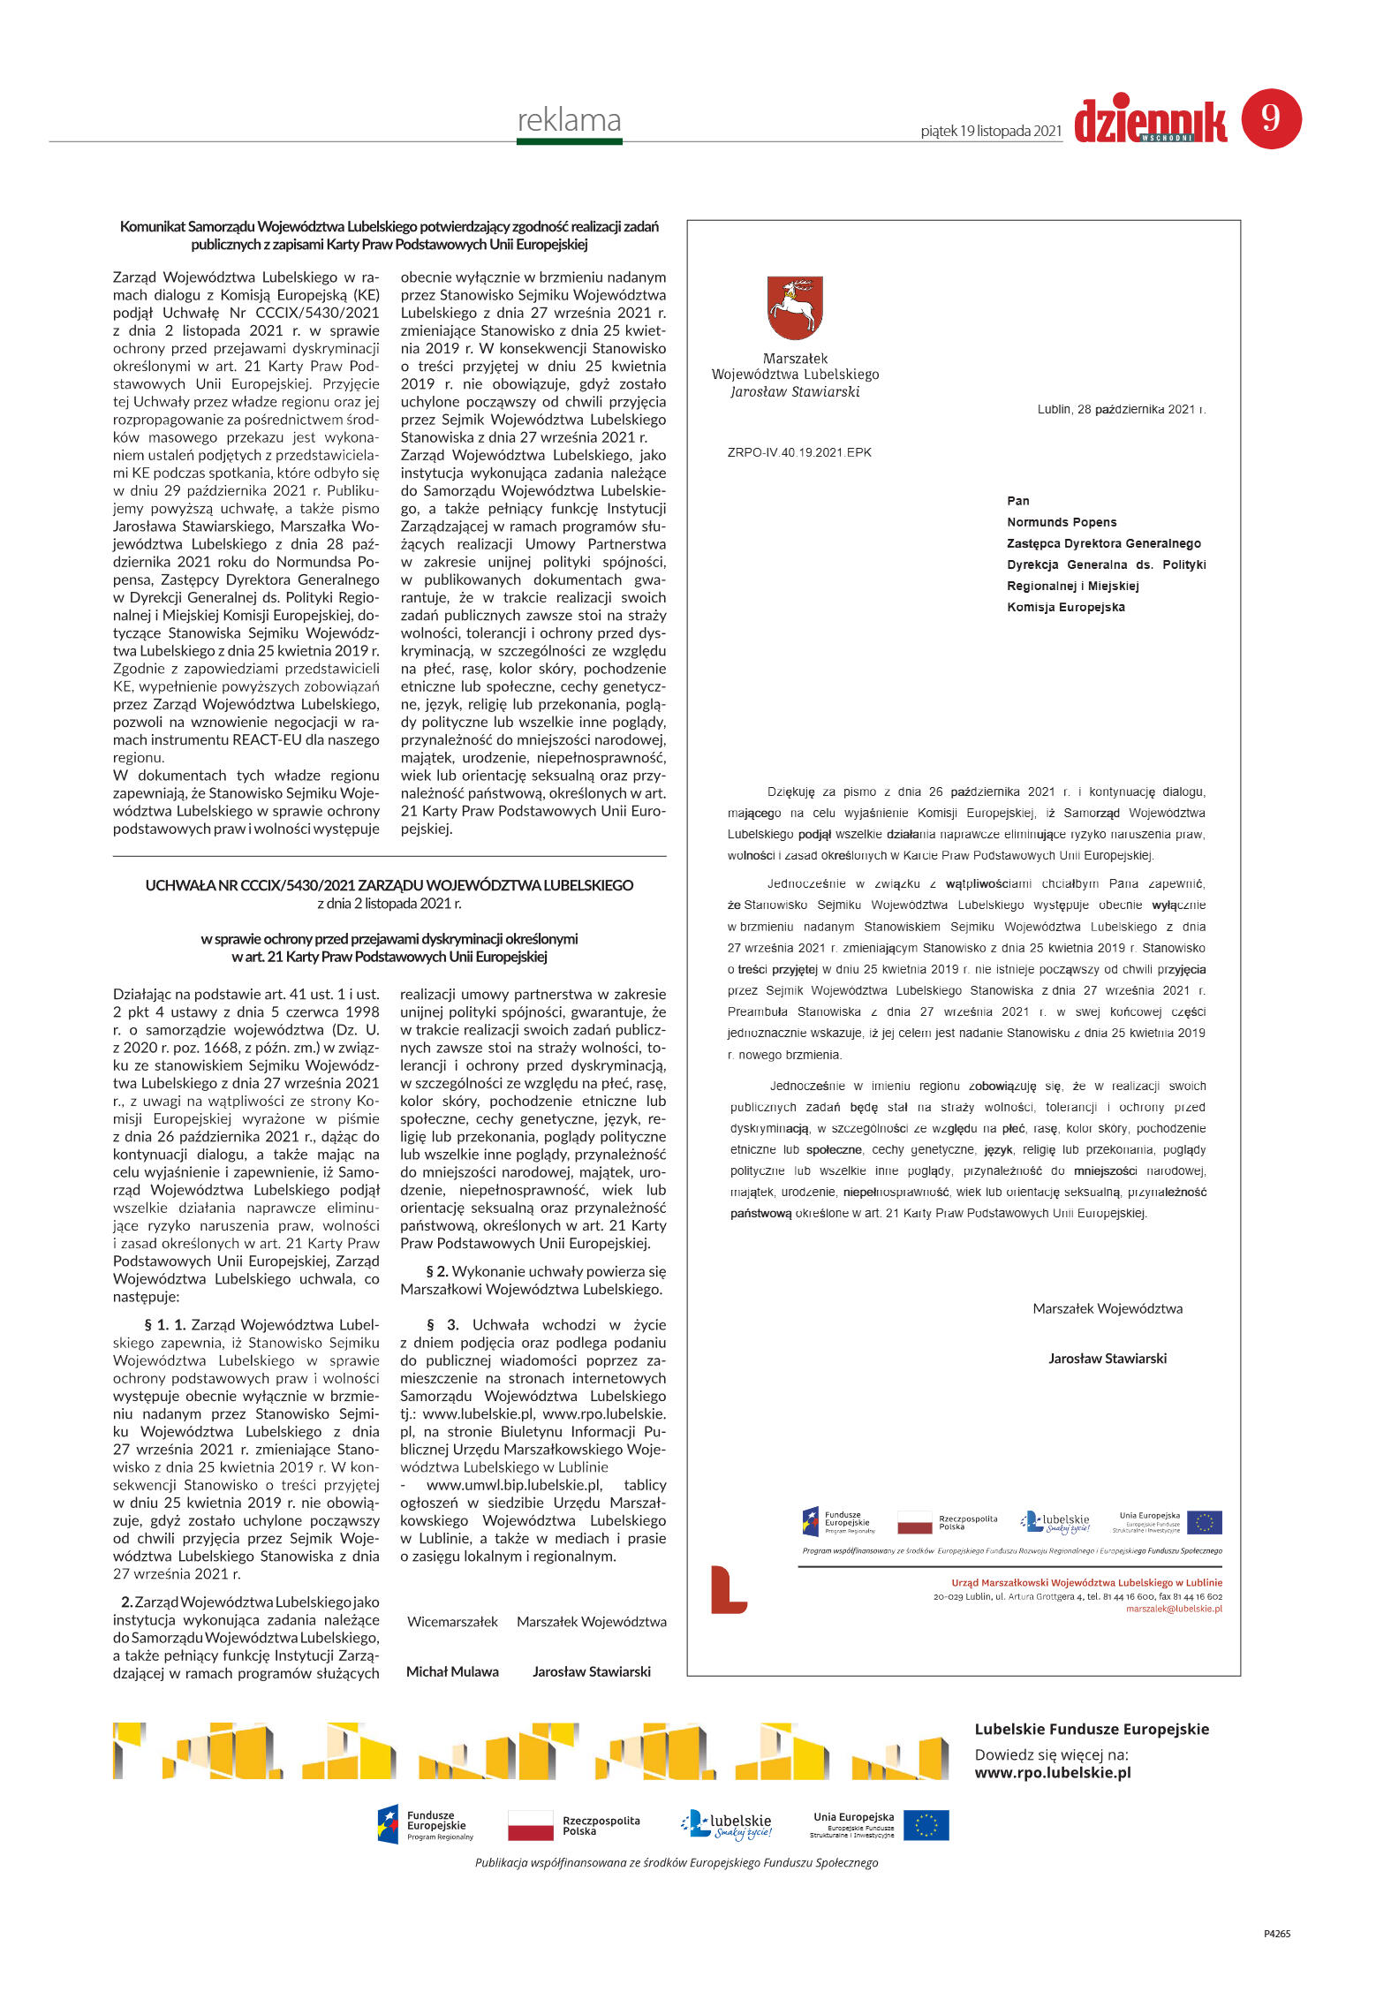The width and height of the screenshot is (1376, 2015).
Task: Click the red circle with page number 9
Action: [x=1271, y=118]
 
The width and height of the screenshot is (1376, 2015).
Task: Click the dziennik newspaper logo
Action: [x=1150, y=121]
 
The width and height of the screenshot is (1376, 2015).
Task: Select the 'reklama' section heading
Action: [x=569, y=120]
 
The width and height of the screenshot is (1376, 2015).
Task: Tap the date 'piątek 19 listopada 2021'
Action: [x=990, y=131]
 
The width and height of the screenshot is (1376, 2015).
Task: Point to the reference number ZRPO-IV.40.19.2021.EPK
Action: [x=798, y=452]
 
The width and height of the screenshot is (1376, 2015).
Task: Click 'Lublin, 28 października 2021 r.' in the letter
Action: [x=1121, y=409]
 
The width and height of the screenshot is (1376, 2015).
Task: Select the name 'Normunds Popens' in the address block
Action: [x=1062, y=522]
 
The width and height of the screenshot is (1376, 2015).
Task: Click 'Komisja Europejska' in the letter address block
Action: [x=1065, y=607]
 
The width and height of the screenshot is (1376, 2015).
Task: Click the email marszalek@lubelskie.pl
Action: [x=1173, y=1609]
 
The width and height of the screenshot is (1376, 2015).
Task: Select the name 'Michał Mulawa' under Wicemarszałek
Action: [x=452, y=1671]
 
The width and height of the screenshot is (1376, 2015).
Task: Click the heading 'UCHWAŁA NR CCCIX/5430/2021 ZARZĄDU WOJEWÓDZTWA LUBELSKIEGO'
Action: [x=389, y=885]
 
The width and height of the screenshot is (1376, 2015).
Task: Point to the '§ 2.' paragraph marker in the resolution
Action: [x=437, y=1271]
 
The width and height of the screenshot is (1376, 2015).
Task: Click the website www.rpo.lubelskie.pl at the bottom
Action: [x=1052, y=1772]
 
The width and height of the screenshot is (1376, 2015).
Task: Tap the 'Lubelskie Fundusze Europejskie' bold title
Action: [x=1091, y=1730]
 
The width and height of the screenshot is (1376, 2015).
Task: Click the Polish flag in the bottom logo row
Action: [x=530, y=1825]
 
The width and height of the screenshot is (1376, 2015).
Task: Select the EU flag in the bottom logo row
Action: [x=926, y=1825]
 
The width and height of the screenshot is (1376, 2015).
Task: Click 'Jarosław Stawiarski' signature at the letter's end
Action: [x=1107, y=1359]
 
